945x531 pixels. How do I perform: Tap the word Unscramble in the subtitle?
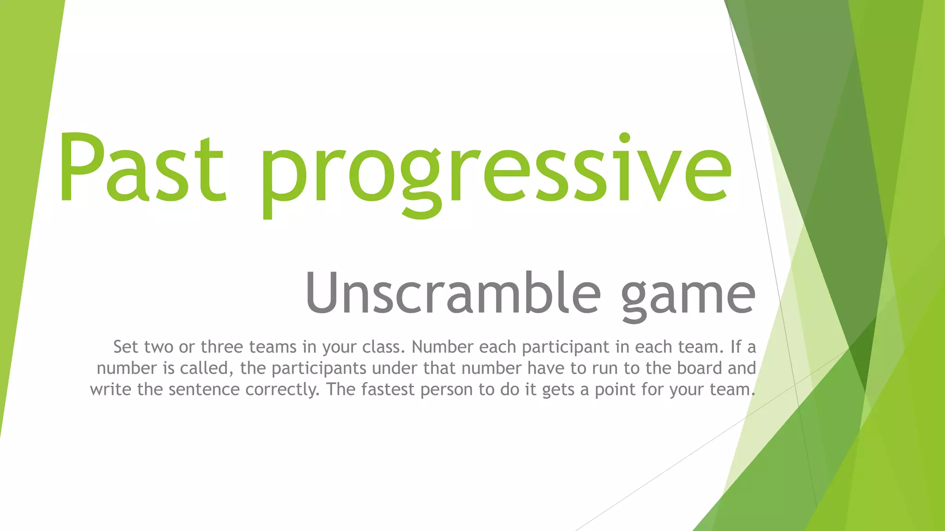tap(453, 293)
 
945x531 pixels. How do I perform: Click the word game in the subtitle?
tap(688, 295)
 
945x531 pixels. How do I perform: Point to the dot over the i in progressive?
tap(624, 138)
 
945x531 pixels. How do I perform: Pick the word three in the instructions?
tap(221, 347)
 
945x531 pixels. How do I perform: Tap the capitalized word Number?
tap(442, 347)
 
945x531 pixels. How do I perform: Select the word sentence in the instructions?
tap(204, 389)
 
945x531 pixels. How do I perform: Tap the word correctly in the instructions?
tap(282, 390)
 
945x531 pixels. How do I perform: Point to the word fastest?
tap(388, 389)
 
